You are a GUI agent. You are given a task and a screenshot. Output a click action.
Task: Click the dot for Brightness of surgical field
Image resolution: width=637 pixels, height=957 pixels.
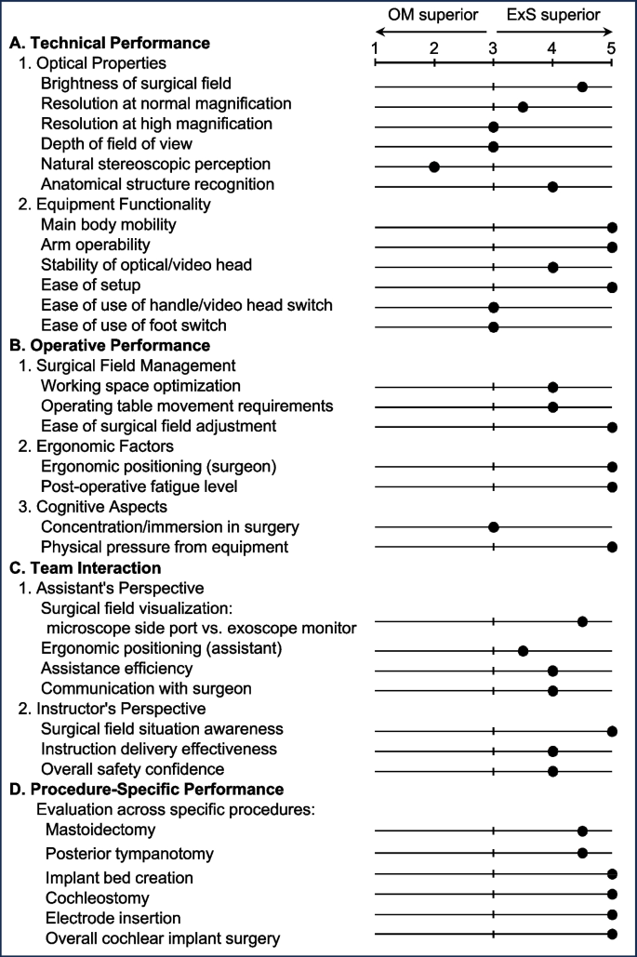(582, 86)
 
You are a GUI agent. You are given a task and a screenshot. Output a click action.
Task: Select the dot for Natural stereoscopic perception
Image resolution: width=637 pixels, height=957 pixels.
(434, 166)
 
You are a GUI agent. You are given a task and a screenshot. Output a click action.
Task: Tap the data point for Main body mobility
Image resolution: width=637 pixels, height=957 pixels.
(612, 228)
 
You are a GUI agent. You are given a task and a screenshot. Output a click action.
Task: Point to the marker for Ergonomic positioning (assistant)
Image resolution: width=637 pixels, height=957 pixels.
(523, 651)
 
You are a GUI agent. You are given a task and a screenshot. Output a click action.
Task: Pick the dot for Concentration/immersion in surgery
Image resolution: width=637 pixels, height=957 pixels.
(494, 526)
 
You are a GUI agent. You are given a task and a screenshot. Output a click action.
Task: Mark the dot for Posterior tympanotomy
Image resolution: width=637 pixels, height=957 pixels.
(582, 853)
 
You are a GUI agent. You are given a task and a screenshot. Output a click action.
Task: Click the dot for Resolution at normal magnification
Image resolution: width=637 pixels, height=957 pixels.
(523, 108)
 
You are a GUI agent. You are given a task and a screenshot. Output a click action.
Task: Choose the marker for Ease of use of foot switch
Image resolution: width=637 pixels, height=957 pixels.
(494, 327)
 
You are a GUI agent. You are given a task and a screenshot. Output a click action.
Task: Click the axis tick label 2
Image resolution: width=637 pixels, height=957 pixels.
(434, 48)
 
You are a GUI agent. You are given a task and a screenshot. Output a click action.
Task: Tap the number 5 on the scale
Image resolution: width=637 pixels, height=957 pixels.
(611, 48)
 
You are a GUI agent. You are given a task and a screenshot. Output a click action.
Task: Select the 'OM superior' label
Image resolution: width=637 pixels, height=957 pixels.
(433, 15)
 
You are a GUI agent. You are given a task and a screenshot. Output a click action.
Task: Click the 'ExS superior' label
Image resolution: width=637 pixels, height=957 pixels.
(553, 15)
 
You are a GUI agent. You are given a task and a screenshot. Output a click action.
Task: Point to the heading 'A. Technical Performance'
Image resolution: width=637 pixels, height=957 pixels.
(110, 43)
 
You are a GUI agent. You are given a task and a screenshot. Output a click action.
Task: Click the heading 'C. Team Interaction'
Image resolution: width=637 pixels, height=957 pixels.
(86, 567)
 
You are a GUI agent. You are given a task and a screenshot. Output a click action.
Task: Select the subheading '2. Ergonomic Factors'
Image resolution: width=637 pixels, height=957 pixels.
(96, 446)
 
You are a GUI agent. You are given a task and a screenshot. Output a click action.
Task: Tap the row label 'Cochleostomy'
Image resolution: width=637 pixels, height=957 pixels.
(97, 897)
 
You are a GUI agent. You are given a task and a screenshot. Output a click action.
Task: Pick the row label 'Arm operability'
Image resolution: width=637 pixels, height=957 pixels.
(95, 245)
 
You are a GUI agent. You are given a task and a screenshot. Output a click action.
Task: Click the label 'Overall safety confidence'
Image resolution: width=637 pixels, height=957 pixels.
(132, 769)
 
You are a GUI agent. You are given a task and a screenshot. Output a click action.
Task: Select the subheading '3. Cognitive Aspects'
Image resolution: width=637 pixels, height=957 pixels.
(93, 507)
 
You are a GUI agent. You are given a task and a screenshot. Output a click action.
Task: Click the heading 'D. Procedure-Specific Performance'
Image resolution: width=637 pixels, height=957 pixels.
(147, 790)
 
